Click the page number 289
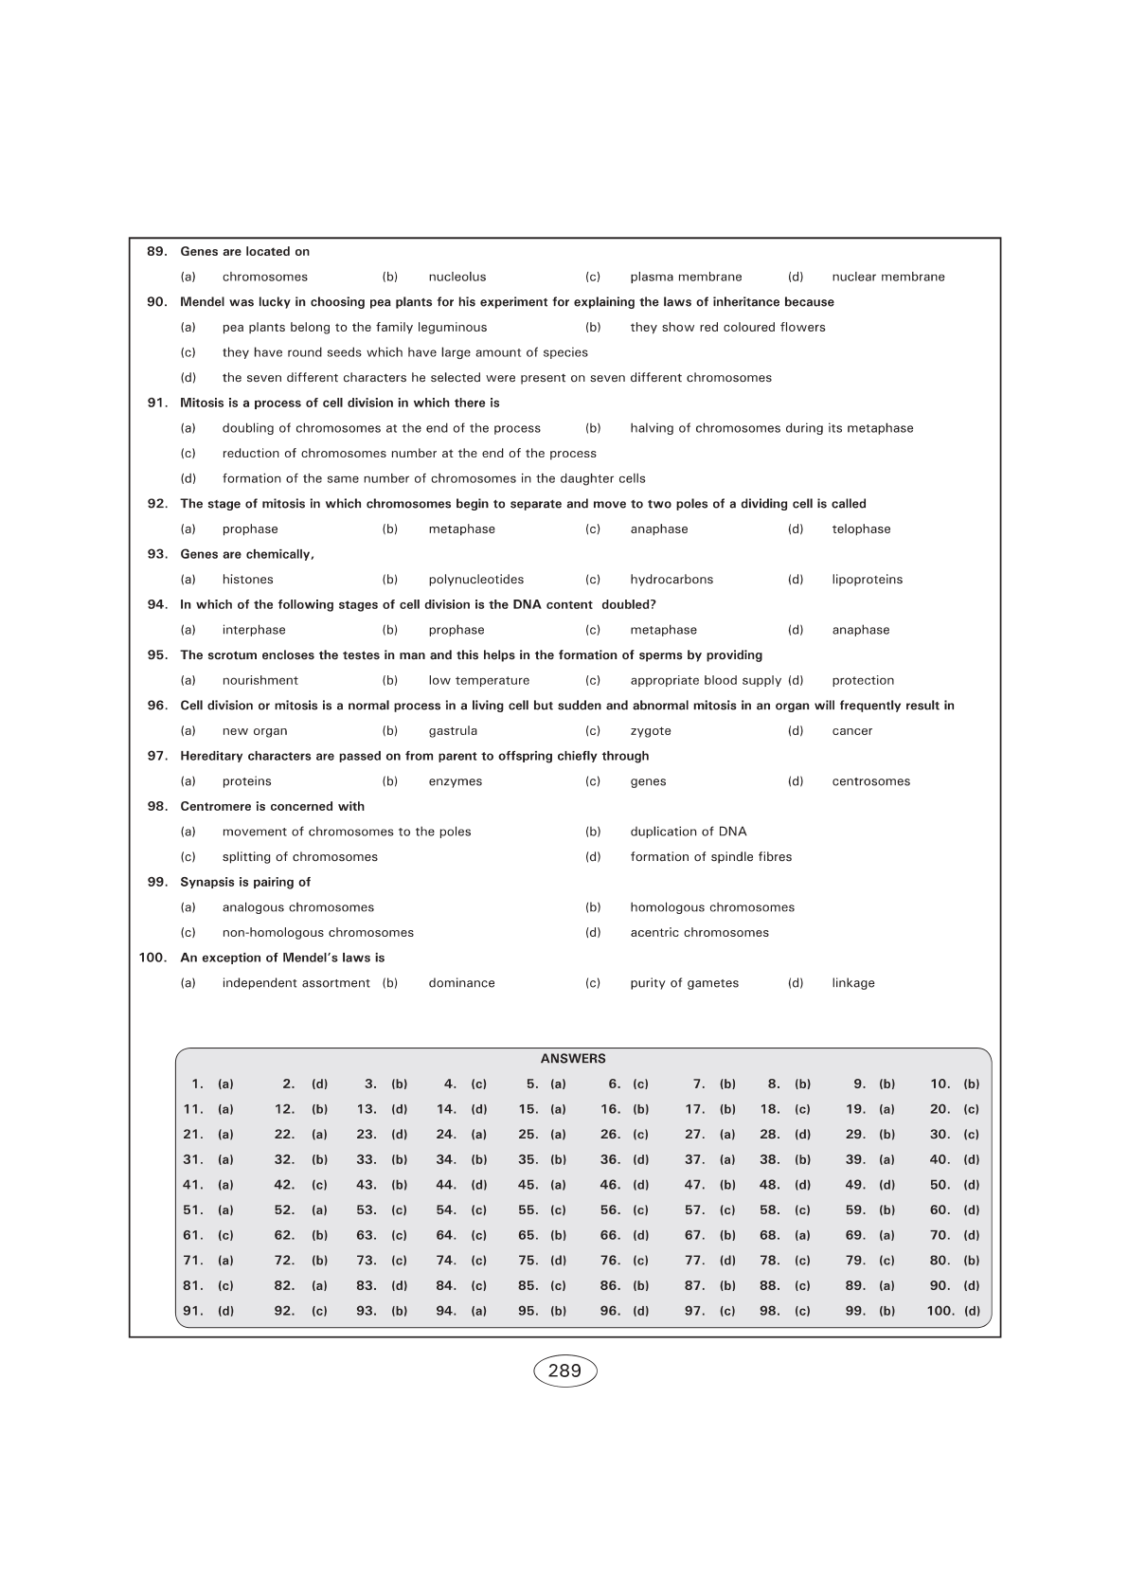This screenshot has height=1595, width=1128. [x=564, y=1371]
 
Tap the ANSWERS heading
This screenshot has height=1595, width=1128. [x=573, y=1059]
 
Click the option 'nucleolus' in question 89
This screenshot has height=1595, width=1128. [x=457, y=278]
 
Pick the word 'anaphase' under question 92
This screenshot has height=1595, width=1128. [x=659, y=529]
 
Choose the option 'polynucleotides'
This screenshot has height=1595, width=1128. [x=475, y=580]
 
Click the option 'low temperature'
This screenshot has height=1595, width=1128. [x=478, y=681]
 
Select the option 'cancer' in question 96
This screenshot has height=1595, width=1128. [x=852, y=731]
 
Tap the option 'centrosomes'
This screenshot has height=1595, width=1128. [x=871, y=781]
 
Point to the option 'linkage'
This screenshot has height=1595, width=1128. [x=853, y=983]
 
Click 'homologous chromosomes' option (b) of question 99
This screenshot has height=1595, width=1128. [x=712, y=907]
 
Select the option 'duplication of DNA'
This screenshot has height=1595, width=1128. [x=689, y=832]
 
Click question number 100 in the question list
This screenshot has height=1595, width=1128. [x=152, y=958]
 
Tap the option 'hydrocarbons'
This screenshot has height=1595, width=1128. [x=671, y=580]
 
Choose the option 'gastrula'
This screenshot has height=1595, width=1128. [x=453, y=731]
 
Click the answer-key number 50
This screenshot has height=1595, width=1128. [x=940, y=1185]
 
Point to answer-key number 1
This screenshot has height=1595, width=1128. [x=197, y=1084]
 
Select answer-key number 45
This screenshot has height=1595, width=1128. [x=528, y=1185]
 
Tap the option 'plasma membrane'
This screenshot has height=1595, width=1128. [x=686, y=278]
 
